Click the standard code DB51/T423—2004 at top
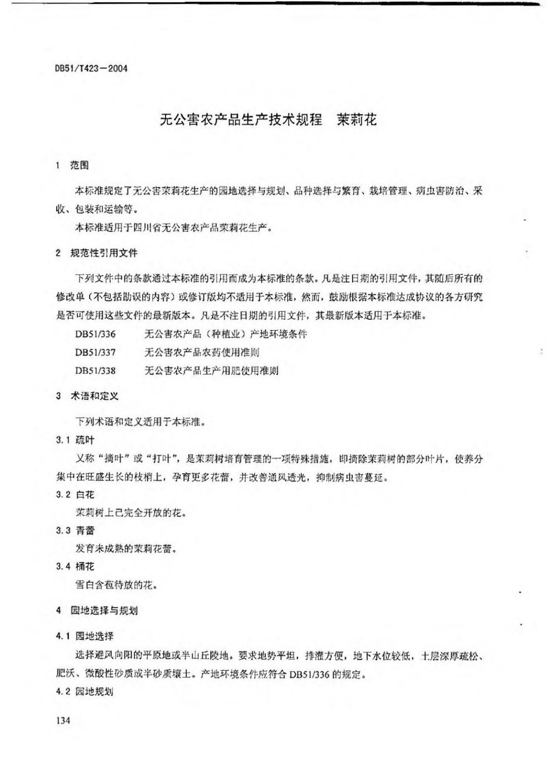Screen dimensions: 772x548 coord(91,68)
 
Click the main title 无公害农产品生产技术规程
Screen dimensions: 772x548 coord(241,120)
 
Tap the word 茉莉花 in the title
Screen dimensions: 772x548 coord(356,120)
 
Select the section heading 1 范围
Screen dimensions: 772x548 coord(72,165)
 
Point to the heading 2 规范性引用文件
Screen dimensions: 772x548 coord(97,253)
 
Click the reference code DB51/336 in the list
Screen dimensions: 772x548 coord(95,334)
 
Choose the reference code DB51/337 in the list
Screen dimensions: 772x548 coord(95,352)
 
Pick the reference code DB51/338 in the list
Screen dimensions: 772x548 coord(95,370)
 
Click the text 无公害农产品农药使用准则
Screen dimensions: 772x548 coord(202,352)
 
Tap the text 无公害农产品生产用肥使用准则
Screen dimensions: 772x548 coord(211,370)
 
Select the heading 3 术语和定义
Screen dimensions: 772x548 coord(87,396)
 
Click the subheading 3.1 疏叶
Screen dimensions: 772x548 coord(75,440)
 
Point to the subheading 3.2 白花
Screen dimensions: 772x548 coord(75,494)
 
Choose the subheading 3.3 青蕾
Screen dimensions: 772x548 coord(75,530)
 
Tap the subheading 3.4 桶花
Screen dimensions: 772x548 coord(75,567)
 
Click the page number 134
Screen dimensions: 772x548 coord(63,720)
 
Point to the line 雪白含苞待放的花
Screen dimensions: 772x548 coord(116,585)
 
